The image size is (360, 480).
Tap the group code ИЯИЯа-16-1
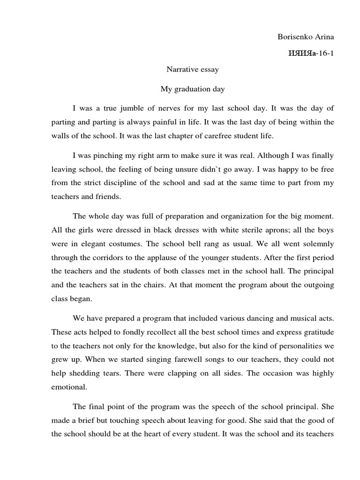point(310,53)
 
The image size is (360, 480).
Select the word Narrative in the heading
point(183,70)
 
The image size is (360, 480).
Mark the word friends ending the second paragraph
point(109,197)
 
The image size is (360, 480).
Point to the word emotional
point(69,387)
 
